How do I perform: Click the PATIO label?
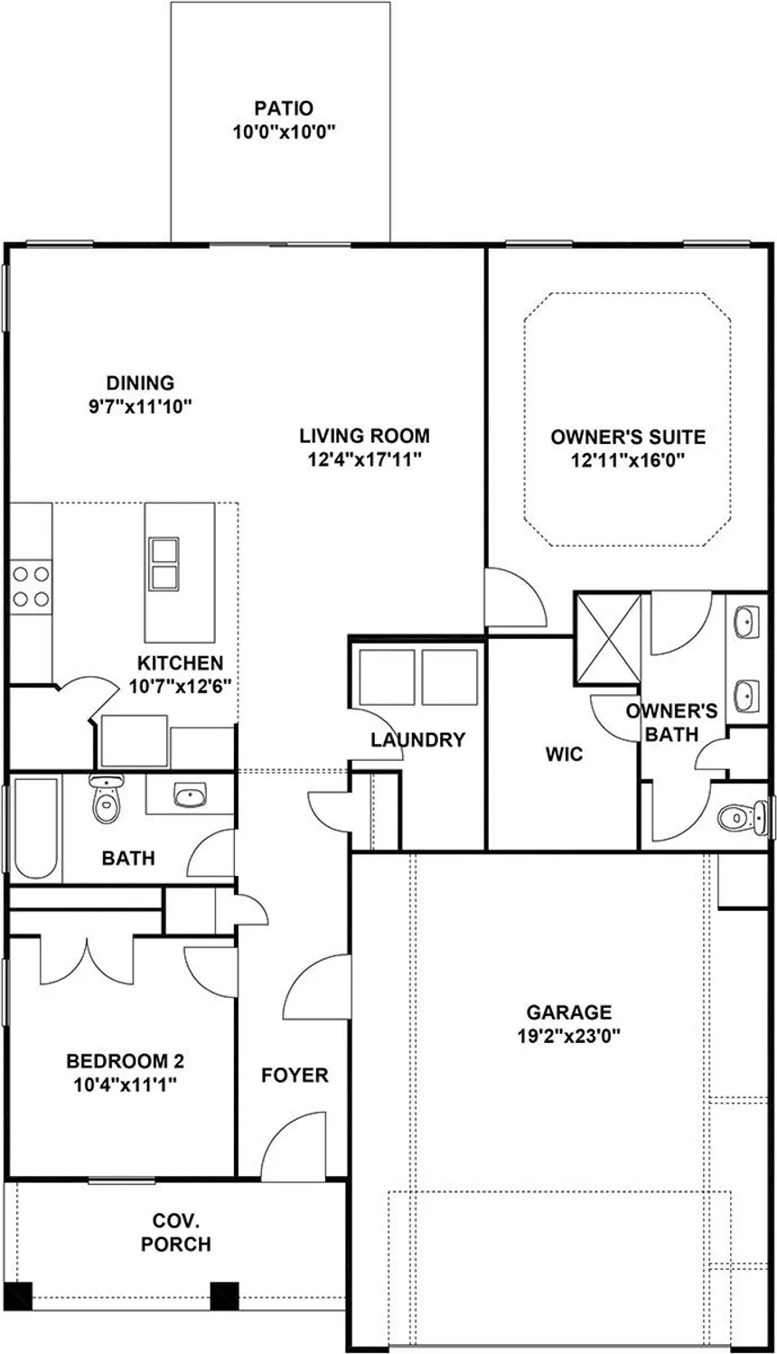[x=284, y=109]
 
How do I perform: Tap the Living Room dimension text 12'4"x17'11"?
[x=365, y=458]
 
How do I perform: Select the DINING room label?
[x=140, y=383]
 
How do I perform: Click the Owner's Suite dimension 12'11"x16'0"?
[x=628, y=460]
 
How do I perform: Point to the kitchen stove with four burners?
[x=30, y=585]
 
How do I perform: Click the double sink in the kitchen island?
[x=164, y=564]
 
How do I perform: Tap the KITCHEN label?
[x=181, y=663]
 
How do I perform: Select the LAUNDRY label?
[x=417, y=740]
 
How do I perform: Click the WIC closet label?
[x=564, y=754]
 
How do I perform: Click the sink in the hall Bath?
[x=189, y=796]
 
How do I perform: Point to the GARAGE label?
[x=569, y=1012]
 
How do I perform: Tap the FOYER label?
[x=295, y=1076]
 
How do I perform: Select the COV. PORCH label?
[x=176, y=1233]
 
